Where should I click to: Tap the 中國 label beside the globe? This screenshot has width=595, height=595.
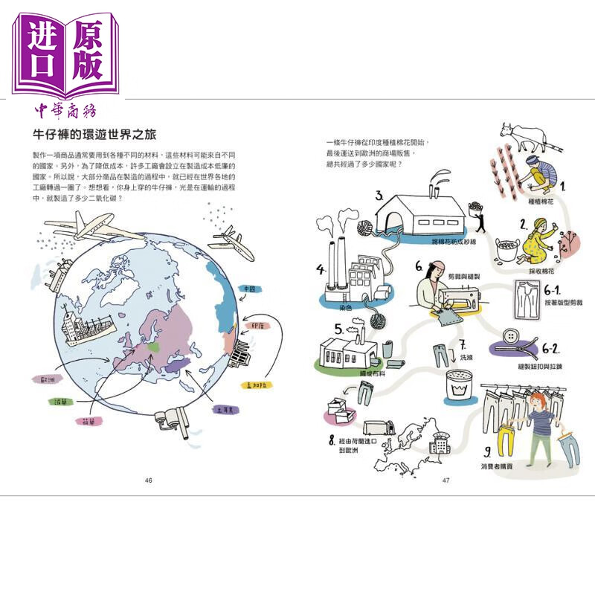click(248, 289)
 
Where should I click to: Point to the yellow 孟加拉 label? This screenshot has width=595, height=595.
click(257, 386)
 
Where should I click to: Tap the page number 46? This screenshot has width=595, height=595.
click(148, 480)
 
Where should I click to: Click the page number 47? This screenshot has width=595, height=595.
click(446, 480)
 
